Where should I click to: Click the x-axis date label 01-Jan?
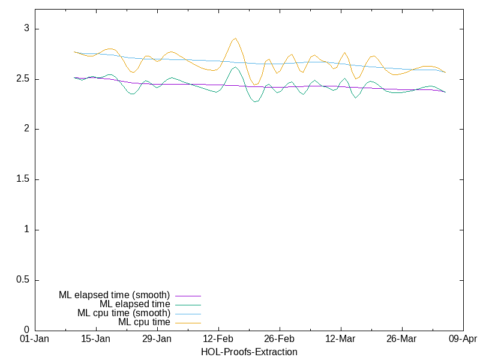tap(35, 339)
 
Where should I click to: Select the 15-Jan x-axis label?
tap(96, 339)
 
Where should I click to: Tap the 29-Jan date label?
tap(157, 339)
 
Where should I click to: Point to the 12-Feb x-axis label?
tap(218, 339)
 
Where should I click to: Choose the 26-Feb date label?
tap(279, 339)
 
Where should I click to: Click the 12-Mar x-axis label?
tap(340, 339)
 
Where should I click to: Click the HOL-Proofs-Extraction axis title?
tap(249, 352)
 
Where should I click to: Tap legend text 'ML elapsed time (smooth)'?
tap(115, 295)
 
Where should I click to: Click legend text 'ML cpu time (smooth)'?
tap(124, 313)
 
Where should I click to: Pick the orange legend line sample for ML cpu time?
tap(188, 322)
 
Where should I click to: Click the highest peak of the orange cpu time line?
tap(235, 38)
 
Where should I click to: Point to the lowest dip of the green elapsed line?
tap(256, 102)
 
